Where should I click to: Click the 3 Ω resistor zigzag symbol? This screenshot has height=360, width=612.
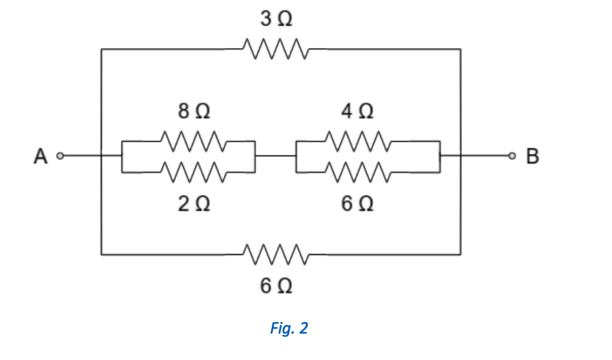[x=276, y=49]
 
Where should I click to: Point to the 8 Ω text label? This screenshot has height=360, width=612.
[x=194, y=112]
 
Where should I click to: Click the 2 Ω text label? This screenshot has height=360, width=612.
[x=194, y=205]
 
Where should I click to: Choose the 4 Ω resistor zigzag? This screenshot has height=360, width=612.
[x=358, y=142]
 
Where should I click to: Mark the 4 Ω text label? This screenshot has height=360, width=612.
[x=358, y=112]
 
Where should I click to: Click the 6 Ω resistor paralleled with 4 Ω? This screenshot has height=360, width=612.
[x=358, y=172]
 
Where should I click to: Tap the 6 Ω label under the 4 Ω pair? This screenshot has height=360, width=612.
[x=358, y=205]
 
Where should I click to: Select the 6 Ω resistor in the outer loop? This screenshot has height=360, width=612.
[x=276, y=254]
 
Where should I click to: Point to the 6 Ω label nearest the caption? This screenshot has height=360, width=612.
[x=276, y=286]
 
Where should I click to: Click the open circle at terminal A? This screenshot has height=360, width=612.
[x=59, y=157]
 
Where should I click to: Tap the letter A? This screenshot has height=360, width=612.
[x=40, y=156]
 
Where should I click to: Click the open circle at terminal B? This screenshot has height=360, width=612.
[x=512, y=157]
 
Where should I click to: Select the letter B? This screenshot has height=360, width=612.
[x=532, y=156]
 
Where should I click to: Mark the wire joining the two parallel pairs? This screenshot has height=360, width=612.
[x=275, y=157]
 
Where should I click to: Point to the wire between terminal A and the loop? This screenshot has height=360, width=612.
[x=82, y=157]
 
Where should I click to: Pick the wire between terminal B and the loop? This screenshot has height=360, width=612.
[x=486, y=157]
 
